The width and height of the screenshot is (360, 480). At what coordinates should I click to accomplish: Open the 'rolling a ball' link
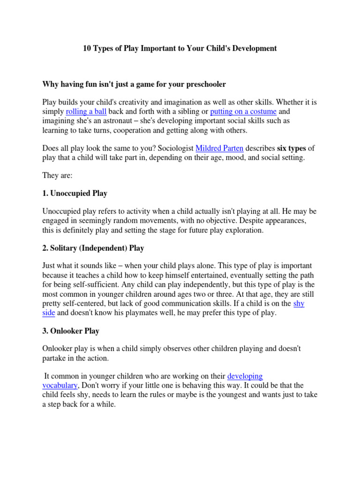[86, 112]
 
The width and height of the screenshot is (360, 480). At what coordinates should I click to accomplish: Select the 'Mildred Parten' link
[219, 148]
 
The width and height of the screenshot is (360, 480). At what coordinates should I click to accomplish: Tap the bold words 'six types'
[291, 148]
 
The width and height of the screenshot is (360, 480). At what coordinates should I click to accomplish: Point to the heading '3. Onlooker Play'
[71, 331]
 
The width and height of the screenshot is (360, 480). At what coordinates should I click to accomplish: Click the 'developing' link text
[245, 376]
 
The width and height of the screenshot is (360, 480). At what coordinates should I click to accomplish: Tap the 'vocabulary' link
[60, 385]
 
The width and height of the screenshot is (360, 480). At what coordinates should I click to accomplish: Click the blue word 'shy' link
[299, 304]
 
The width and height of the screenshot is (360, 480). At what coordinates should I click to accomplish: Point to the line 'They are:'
[58, 175]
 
